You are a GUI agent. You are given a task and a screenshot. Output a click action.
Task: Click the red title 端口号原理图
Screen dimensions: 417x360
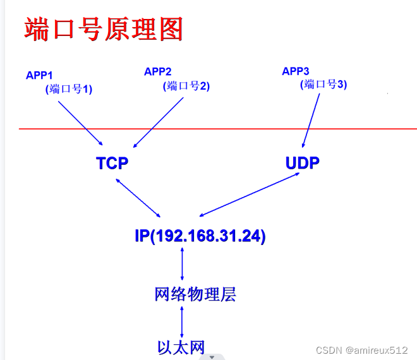[104, 29]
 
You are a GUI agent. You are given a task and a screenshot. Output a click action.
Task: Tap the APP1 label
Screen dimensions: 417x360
[39, 76]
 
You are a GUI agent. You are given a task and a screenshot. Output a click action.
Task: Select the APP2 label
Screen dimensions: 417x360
[158, 71]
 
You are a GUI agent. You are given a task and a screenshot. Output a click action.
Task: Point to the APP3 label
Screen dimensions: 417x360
[296, 71]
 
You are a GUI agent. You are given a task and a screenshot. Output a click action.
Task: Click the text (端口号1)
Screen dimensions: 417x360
[69, 89]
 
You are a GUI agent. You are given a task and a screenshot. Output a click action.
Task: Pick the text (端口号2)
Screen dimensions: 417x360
[186, 86]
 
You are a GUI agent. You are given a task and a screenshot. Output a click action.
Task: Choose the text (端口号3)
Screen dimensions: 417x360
[323, 84]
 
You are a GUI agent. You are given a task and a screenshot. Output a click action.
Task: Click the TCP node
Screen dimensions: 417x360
[112, 163]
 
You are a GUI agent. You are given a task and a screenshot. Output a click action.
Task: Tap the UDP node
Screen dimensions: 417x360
[303, 163]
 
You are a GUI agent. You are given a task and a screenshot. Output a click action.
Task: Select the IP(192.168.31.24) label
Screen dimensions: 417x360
[200, 236]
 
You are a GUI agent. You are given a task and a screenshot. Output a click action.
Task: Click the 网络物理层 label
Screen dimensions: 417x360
[195, 294]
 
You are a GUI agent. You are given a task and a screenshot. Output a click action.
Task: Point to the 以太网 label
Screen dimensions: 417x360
[181, 347]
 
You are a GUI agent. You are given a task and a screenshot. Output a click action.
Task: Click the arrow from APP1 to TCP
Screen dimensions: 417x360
[80, 123]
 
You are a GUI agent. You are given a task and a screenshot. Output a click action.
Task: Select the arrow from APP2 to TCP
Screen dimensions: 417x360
[159, 123]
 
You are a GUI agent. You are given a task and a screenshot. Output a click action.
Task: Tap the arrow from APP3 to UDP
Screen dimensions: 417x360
[311, 121]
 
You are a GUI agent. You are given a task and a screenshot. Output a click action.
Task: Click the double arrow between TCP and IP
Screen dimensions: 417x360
[138, 198]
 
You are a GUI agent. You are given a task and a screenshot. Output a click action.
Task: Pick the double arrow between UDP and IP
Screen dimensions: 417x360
[250, 195]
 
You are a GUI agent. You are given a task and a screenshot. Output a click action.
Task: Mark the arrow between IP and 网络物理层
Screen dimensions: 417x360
[182, 264]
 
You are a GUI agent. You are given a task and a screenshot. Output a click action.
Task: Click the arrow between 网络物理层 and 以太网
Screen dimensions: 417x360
[182, 322]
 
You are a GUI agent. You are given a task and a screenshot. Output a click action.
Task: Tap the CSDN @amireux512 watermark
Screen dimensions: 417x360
[361, 350]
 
